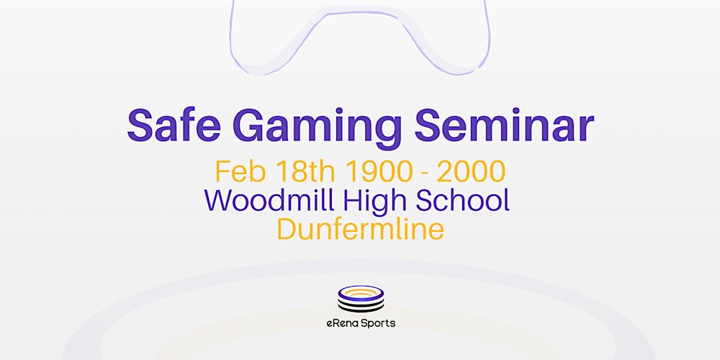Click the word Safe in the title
(174, 127)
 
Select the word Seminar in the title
(504, 127)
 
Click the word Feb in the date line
(238, 171)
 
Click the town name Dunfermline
(360, 229)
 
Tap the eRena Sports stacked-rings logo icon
(360, 299)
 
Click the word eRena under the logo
(342, 323)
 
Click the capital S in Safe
(141, 127)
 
